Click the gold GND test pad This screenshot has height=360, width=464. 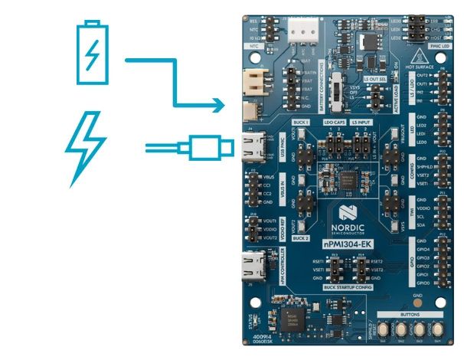417,303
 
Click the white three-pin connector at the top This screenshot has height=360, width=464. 304,26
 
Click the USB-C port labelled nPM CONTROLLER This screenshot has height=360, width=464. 253,270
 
